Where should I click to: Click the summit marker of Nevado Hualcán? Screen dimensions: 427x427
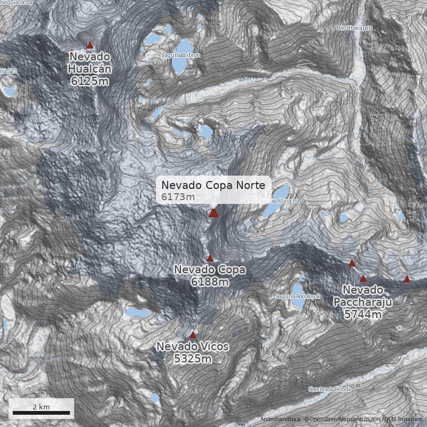90,45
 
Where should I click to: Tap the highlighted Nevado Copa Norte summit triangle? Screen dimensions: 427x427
213,213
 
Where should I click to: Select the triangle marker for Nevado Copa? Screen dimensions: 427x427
210,258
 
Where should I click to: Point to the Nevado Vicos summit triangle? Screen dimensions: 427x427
193,335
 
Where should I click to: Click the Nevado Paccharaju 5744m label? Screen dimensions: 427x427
363,302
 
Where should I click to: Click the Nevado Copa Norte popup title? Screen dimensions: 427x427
213,185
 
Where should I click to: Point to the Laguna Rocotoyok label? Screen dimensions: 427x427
298,296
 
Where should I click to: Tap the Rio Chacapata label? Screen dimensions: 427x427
355,28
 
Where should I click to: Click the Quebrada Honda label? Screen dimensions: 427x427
330,389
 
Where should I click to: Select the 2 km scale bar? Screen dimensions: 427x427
42,413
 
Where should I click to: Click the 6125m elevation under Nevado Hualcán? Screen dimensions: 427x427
90,81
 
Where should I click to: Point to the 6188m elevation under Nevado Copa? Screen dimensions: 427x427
210,282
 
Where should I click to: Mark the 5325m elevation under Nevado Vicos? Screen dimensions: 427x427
193,359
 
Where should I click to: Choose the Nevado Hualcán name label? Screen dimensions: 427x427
90,62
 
